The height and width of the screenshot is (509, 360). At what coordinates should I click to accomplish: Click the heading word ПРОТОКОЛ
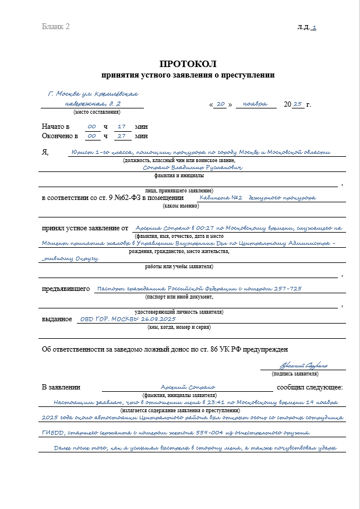[188, 64]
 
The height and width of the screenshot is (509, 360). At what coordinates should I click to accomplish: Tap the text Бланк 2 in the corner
[55, 27]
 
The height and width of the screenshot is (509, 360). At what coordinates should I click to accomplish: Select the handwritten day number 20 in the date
[220, 104]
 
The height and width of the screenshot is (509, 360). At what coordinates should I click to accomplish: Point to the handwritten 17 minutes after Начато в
[122, 126]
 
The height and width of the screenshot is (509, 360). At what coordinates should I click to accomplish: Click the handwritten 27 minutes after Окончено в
[122, 135]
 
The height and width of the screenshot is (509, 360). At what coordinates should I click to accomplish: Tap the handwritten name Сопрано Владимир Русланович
[184, 167]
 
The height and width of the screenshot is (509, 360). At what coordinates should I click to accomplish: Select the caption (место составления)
[97, 112]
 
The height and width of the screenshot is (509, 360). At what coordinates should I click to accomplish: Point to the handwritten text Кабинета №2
[220, 198]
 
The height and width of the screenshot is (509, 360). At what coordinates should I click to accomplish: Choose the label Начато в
[55, 127]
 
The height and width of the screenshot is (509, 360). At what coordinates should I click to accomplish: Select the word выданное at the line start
[57, 320]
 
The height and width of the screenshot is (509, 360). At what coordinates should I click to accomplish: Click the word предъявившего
[65, 289]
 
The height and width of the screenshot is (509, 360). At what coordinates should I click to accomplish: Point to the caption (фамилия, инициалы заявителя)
[188, 395]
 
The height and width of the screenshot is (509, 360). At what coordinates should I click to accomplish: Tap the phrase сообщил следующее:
[309, 387]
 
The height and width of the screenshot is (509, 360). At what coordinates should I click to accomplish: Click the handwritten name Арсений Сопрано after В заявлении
[188, 387]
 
